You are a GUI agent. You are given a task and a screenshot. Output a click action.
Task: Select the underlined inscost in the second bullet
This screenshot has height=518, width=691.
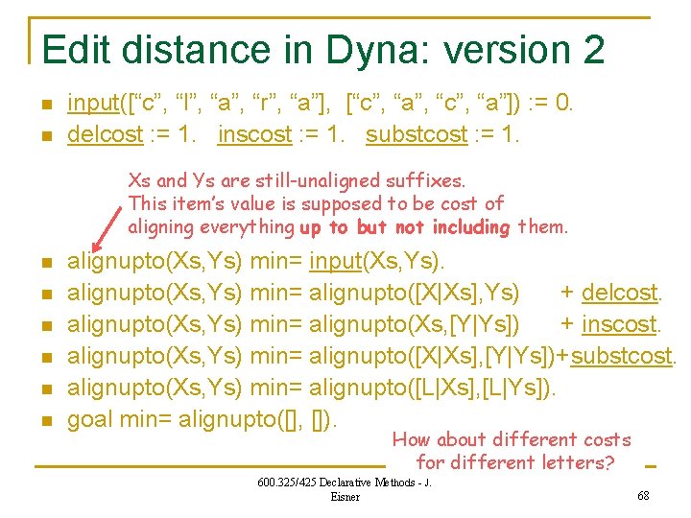pyautogui.click(x=254, y=134)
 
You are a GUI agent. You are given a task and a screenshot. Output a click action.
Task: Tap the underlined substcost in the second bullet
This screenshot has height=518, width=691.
pyautogui.click(x=416, y=134)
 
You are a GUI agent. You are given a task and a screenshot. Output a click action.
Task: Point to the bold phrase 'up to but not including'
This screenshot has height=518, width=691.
pyautogui.click(x=406, y=227)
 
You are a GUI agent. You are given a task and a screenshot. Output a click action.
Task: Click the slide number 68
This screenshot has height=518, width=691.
pyautogui.click(x=643, y=496)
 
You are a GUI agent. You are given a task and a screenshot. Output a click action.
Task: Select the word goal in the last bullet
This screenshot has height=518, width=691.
pyautogui.click(x=89, y=419)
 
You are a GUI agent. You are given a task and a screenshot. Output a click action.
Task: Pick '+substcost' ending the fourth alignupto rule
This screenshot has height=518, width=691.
pyautogui.click(x=623, y=356)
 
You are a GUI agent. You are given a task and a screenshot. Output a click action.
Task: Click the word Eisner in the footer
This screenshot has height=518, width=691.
pyautogui.click(x=345, y=496)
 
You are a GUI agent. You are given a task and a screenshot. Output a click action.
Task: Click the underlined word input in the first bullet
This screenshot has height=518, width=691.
pyautogui.click(x=92, y=103)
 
